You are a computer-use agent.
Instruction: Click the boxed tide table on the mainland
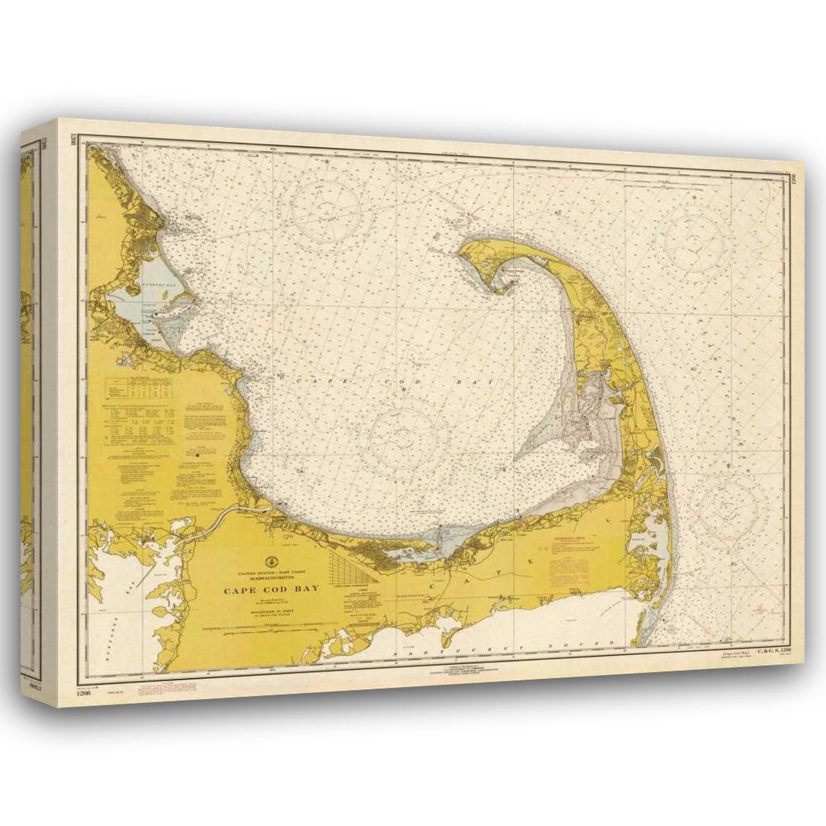(x=137, y=388)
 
